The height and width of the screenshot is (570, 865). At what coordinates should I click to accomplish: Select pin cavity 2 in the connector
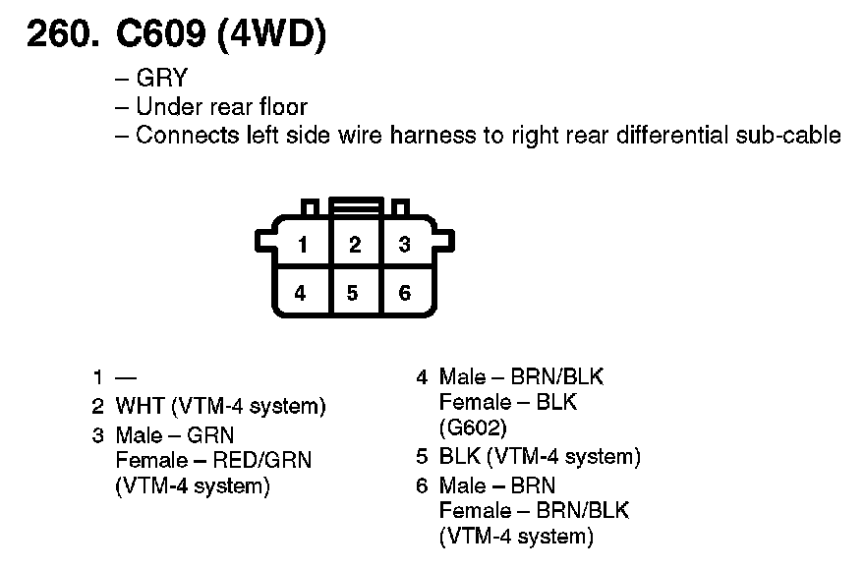click(x=355, y=245)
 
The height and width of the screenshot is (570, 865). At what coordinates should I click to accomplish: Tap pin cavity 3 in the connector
click(x=404, y=245)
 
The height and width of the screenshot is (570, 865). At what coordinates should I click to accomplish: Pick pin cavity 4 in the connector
click(x=301, y=293)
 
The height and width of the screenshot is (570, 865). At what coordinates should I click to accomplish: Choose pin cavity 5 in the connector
click(x=353, y=293)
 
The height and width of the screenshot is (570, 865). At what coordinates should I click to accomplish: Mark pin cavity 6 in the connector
click(x=404, y=293)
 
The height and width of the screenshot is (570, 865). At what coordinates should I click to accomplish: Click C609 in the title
click(x=156, y=35)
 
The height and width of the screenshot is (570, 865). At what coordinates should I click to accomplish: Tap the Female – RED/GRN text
click(x=213, y=459)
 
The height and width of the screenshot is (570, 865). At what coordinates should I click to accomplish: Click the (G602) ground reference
click(x=473, y=427)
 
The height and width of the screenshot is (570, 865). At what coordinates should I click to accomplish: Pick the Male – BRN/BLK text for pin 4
click(x=521, y=376)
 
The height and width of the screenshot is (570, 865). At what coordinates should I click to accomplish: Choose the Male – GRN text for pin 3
click(x=175, y=433)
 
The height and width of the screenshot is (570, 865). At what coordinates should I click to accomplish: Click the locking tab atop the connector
click(x=355, y=206)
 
